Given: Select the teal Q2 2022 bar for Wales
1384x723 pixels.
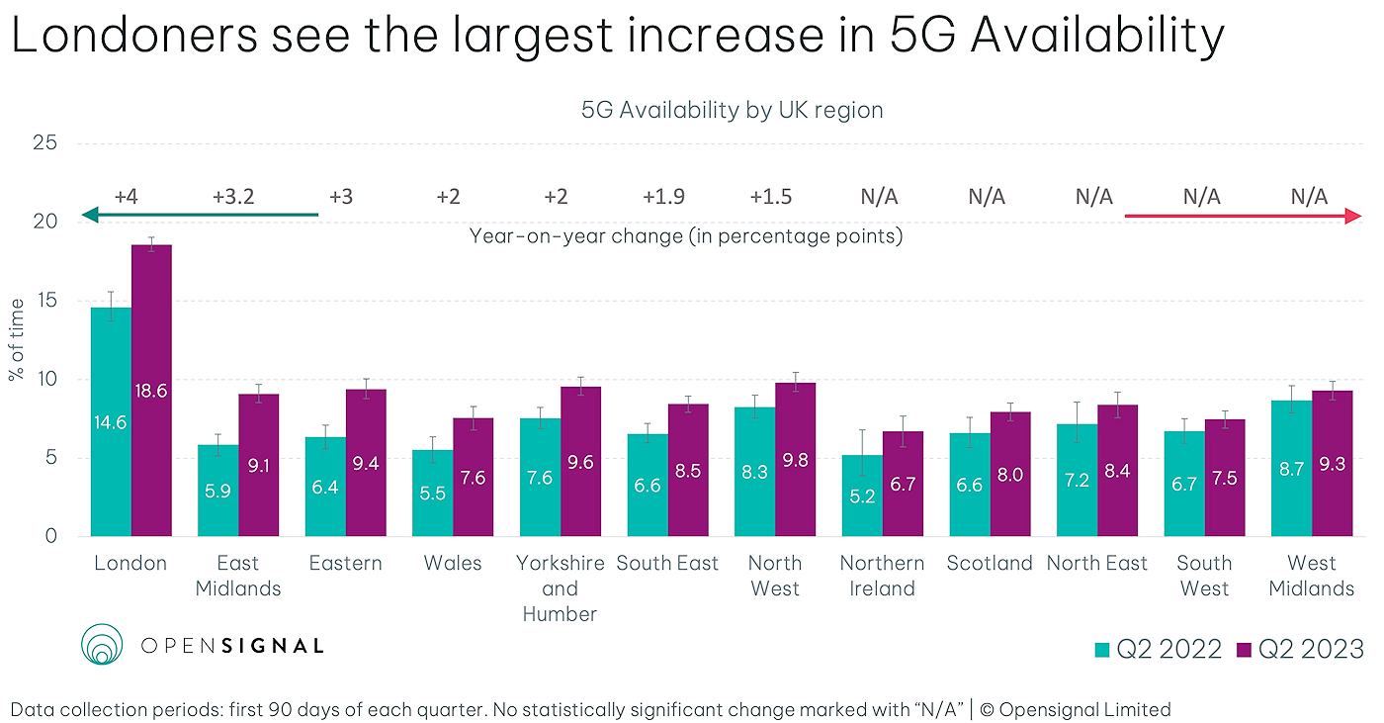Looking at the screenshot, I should [x=433, y=495].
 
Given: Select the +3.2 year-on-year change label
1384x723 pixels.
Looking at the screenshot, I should [x=233, y=196].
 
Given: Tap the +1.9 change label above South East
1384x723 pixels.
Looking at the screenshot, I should [x=662, y=196].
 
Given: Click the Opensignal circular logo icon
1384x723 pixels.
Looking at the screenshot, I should [x=100, y=644].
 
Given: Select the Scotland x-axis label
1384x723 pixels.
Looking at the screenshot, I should [x=990, y=564].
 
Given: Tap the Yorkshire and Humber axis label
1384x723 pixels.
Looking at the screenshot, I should [x=560, y=588].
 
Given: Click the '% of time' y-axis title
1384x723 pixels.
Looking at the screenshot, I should [x=17, y=339].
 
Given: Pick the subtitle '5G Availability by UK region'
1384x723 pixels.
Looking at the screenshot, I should [x=732, y=110].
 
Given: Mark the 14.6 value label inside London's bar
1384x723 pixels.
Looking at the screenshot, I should [x=111, y=422].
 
